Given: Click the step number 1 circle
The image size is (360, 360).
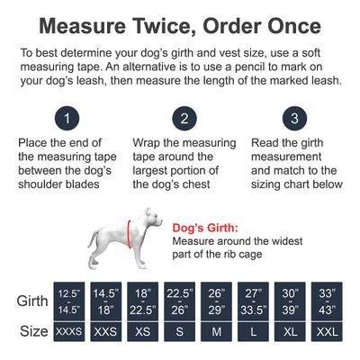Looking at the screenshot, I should click(66, 119).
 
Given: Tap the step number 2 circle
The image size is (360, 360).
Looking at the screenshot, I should click(184, 119).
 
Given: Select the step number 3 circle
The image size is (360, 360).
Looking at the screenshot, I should click(293, 119).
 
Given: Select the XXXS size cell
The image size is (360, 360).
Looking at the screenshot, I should click(68, 331).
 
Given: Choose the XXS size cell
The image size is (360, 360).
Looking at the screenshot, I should click(105, 331).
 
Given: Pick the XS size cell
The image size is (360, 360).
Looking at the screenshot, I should click(142, 331).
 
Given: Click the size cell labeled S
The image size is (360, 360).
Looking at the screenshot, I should click(181, 331).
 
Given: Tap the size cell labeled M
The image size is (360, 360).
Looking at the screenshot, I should click(218, 331).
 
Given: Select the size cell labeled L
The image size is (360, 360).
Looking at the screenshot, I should click(255, 331).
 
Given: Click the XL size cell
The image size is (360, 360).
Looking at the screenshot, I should click(292, 331).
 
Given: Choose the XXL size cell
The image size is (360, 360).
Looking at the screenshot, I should click(328, 331).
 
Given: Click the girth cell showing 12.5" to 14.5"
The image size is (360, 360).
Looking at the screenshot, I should click(68, 300).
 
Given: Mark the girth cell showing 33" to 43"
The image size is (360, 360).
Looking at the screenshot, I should click(328, 300).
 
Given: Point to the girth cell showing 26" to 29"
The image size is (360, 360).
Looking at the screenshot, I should click(218, 300).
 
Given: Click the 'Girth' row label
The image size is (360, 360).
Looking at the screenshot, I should click(33, 301).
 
